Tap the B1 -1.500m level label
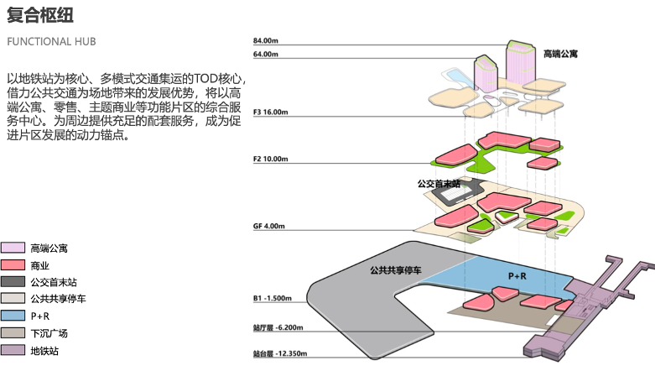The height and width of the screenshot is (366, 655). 272,298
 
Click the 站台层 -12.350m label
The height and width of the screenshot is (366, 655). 279,353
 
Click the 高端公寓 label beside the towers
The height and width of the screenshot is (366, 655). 560,54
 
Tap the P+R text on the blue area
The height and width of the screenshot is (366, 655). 517,275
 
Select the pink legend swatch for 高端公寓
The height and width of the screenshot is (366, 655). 13,248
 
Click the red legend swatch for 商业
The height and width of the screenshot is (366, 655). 13,264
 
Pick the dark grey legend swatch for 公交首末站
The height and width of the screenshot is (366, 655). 13,281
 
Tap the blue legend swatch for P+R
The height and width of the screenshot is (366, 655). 13,316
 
